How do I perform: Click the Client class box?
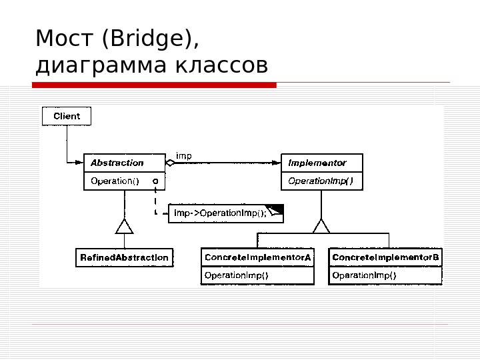[67, 116]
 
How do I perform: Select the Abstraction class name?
[117, 163]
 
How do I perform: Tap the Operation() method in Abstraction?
[115, 181]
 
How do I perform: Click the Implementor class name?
[317, 163]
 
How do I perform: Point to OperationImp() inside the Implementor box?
[321, 181]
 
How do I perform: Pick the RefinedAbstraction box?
[124, 257]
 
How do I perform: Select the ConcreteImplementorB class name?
[385, 257]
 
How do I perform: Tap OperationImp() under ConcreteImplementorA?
[236, 275]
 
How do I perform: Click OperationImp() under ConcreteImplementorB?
[364, 275]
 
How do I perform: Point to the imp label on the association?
[183, 156]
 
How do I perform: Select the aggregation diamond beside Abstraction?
[169, 163]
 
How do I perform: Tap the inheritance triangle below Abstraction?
[124, 226]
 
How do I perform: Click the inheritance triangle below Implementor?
[321, 226]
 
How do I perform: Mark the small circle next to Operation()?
[155, 181]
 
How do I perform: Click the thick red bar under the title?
[154, 85]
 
